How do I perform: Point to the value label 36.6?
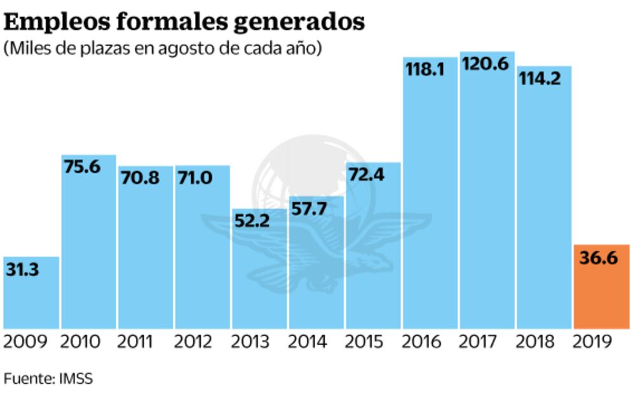pos(599,259)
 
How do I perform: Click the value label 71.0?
pos(195,178)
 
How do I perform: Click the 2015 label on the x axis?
pos(364,342)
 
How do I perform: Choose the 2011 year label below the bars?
pos(136,342)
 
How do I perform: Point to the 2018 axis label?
pos(535,342)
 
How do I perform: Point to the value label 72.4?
pos(367,175)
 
